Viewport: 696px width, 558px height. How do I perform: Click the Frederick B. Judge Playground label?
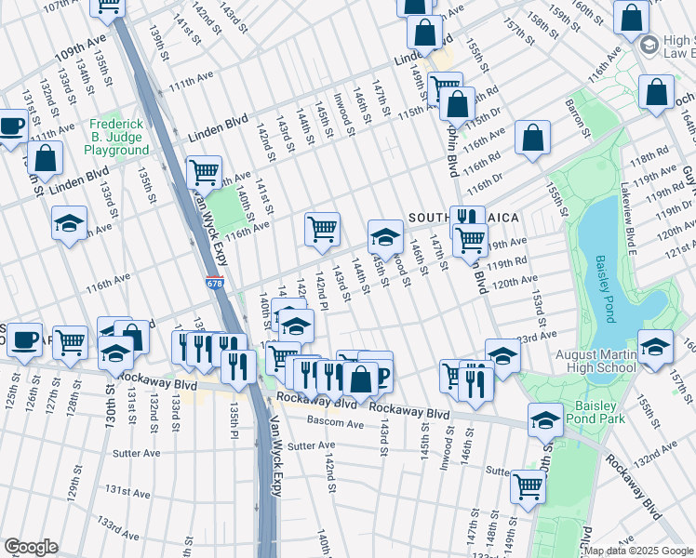118,137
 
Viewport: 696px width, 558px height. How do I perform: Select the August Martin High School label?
596,361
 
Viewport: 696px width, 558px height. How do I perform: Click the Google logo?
31,547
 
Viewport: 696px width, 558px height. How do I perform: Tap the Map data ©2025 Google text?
638,551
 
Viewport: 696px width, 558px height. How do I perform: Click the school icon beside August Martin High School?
656,348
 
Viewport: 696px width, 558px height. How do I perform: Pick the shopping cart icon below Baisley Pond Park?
529,485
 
